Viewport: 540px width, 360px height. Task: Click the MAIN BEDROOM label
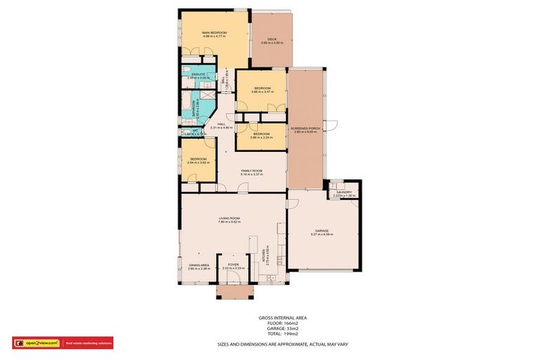coord(213,33)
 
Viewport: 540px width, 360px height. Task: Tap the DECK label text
coord(271,39)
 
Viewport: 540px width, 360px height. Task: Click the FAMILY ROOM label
coord(251,171)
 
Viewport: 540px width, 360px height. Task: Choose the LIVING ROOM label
coord(229,219)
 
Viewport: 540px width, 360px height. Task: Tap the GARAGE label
coord(322,231)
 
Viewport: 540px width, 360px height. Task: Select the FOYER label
coord(232,265)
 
